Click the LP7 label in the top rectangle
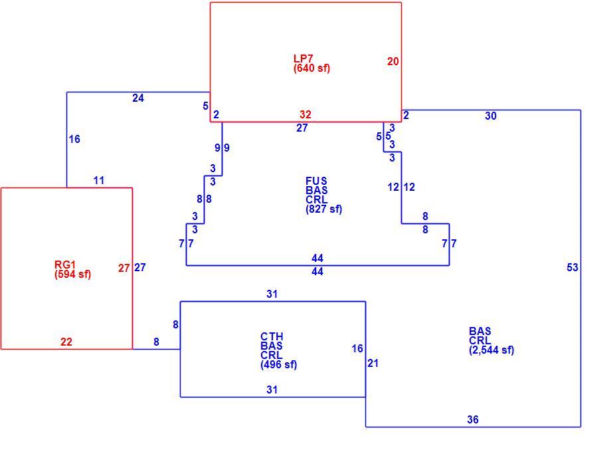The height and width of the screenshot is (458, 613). pos(304,58)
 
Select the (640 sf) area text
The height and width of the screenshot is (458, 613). pos(311,68)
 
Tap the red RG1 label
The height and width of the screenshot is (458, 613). pos(65,265)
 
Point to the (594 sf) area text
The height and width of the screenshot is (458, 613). pos(72,274)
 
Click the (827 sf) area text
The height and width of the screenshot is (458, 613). pos(323,209)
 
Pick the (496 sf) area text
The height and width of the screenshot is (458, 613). pos(279,365)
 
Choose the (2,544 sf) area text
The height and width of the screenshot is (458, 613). pos(491,350)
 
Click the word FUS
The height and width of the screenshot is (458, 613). pos(316,181)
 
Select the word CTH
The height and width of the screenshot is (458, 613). pos(272,336)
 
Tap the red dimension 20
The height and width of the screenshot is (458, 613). pos(393,61)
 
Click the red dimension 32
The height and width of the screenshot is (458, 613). pos(306,115)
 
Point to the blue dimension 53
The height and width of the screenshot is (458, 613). pos(572,267)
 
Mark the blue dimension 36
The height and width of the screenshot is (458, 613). pos(473,419)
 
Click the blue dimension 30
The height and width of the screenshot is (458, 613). pos(491,116)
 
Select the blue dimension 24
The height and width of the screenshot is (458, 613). pos(138,98)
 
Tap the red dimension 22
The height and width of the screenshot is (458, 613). pos(66,342)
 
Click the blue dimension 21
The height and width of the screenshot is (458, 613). pos(373,363)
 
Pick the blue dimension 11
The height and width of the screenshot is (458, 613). pos(99,180)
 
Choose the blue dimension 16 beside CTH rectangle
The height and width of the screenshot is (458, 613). pos(357,348)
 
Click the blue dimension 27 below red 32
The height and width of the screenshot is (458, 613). pos(302,128)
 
